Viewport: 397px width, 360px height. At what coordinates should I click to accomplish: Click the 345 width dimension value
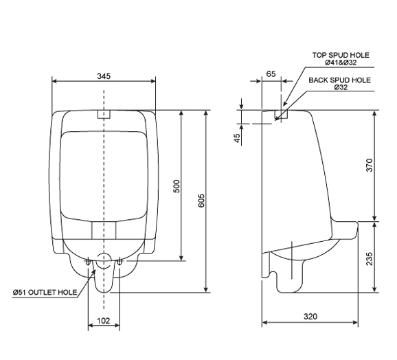pyautogui.click(x=104, y=76)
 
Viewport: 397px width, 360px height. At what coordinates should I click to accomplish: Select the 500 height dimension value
pyautogui.click(x=177, y=186)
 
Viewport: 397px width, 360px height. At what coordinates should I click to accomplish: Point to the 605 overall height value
pyautogui.click(x=201, y=201)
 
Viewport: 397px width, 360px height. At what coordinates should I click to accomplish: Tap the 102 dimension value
pyautogui.click(x=104, y=321)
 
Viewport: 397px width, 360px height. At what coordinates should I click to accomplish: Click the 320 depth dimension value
pyautogui.click(x=310, y=317)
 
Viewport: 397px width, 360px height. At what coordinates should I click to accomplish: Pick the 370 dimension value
pyautogui.click(x=370, y=165)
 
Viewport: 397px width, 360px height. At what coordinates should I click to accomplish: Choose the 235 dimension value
pyautogui.click(x=370, y=258)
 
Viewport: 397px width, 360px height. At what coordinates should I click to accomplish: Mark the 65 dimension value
pyautogui.click(x=271, y=74)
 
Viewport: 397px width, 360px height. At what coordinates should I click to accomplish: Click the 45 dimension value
pyautogui.click(x=237, y=138)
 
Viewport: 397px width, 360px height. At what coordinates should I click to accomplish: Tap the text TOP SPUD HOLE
pyautogui.click(x=341, y=55)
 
